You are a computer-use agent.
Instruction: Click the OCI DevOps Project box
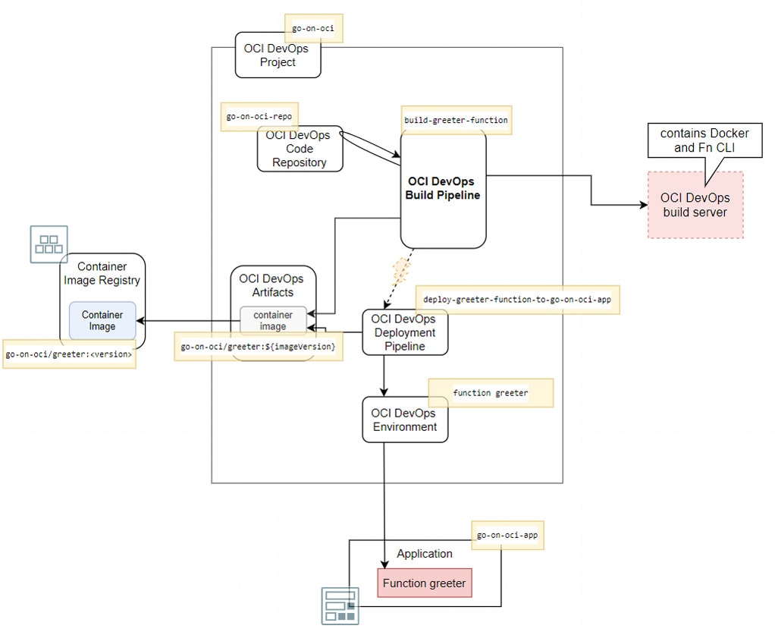click(x=278, y=55)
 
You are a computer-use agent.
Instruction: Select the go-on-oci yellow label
click(x=313, y=29)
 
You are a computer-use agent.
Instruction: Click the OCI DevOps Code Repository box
click(x=300, y=149)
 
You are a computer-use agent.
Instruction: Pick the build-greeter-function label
click(x=456, y=120)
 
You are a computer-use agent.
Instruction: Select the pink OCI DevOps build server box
click(x=695, y=205)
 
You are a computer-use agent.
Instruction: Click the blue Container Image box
click(x=102, y=320)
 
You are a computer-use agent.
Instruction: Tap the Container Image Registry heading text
click(x=102, y=273)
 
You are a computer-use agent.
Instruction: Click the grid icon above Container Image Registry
click(x=49, y=244)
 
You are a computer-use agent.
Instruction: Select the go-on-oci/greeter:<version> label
click(x=69, y=354)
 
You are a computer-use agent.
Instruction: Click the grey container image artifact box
click(x=273, y=320)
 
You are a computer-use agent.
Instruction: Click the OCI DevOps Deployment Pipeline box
click(x=405, y=332)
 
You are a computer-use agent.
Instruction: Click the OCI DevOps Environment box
click(x=405, y=420)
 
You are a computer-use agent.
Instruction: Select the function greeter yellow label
click(x=491, y=393)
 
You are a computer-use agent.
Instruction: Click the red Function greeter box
click(x=425, y=583)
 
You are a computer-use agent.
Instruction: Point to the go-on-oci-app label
click(x=507, y=536)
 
